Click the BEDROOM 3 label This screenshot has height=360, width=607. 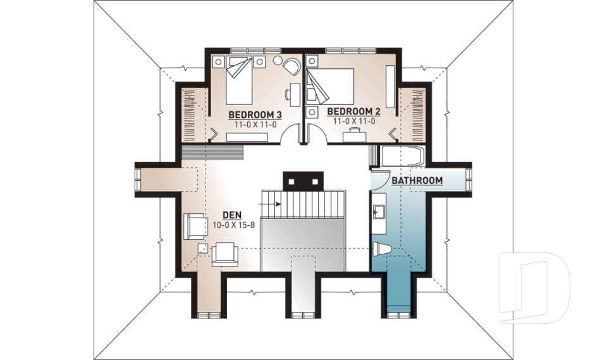pyautogui.click(x=255, y=115)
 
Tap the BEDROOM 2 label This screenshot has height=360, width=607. pyautogui.click(x=354, y=111)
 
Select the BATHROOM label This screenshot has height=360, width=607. pyautogui.click(x=417, y=180)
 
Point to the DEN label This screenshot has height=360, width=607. pyautogui.click(x=232, y=215)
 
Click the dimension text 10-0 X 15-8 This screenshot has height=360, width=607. pyautogui.click(x=234, y=225)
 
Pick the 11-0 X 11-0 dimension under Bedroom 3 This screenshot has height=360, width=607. pyautogui.click(x=255, y=125)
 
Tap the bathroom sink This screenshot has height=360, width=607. pyautogui.click(x=377, y=212)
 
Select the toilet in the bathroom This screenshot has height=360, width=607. pyautogui.click(x=382, y=249)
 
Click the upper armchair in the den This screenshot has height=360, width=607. pyautogui.click(x=195, y=227)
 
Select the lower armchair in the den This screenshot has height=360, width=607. pyautogui.click(x=224, y=254)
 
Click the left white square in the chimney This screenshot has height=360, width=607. pyautogui.click(x=292, y=181)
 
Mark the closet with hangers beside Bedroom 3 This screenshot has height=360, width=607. pyautogui.click(x=193, y=116)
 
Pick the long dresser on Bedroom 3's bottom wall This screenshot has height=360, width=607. pyautogui.click(x=247, y=137)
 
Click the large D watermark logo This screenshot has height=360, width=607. pyautogui.click(x=534, y=287)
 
